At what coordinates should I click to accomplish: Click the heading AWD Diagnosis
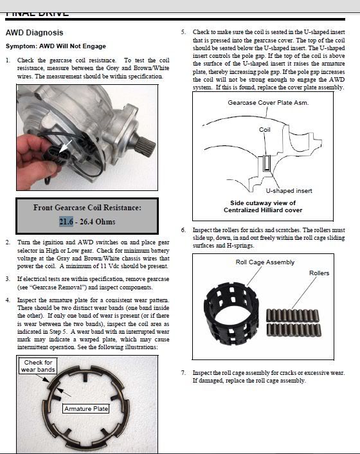coord(35,32)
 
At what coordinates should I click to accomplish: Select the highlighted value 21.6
coord(66,221)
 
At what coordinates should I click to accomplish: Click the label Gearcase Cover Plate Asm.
coord(268,102)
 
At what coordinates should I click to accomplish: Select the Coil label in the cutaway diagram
coord(264,129)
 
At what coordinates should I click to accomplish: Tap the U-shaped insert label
coord(289,191)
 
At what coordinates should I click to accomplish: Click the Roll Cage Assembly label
coord(265,262)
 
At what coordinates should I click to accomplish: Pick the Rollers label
coord(319,273)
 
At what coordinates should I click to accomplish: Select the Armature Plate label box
coord(86,408)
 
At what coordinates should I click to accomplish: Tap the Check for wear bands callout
coord(38,366)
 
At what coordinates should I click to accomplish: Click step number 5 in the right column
coord(183,32)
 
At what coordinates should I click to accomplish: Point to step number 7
coord(183,372)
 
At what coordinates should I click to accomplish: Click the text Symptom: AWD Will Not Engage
coord(56,46)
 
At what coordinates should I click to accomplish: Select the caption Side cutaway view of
coord(263,203)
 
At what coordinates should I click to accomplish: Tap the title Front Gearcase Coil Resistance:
coord(87,208)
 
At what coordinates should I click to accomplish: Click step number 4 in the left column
coord(8,300)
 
